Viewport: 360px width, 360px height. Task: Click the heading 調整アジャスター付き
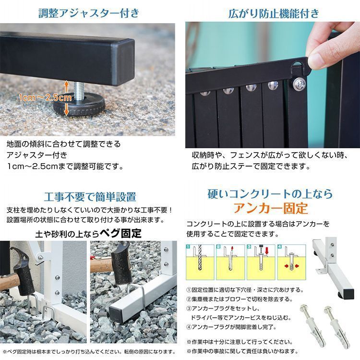89,13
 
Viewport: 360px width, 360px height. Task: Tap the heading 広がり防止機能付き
274,13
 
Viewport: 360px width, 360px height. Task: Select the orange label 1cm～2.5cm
45,97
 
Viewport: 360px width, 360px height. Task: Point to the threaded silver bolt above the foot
79,90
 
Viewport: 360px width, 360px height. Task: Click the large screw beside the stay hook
300,83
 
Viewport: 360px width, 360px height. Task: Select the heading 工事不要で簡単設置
90,197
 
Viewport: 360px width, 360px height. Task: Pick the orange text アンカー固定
270,208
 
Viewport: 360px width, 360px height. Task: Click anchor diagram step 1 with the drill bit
200,262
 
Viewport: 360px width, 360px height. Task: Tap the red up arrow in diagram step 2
232,249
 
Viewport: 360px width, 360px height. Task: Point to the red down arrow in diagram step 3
267,251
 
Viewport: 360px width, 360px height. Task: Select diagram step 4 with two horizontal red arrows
291,262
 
